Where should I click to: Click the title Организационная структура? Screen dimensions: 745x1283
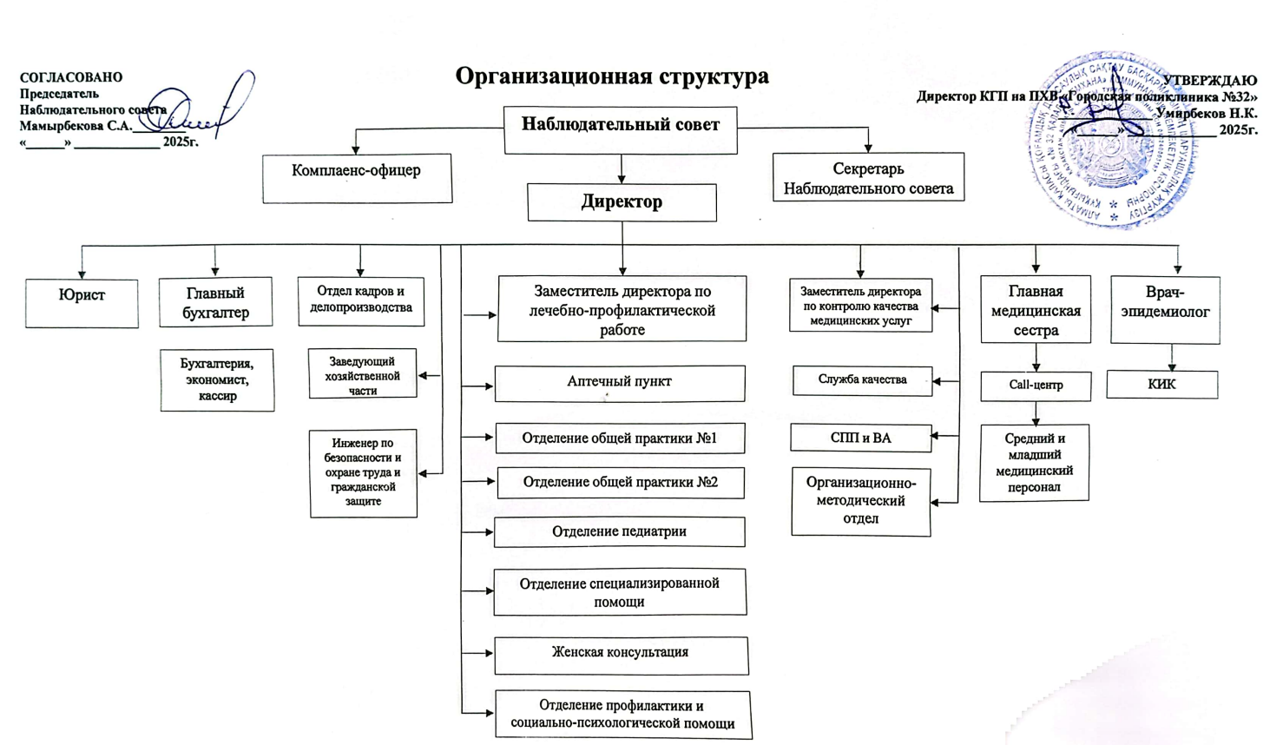pos(612,76)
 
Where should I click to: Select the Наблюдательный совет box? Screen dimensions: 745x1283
pos(620,129)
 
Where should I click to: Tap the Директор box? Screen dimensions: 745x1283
pos(622,202)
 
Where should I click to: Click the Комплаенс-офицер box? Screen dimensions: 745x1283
pos(357,178)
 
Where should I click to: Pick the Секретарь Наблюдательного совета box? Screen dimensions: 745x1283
pos(868,177)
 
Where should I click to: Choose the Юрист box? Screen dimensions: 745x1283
pos(82,303)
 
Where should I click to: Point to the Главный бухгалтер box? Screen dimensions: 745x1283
pos(215,302)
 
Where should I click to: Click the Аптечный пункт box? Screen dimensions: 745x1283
pos(619,383)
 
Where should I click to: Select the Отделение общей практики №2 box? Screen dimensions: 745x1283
pos(620,483)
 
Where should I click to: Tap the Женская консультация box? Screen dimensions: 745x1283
pos(621,656)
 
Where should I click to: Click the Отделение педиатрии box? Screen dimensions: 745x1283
pos(619,532)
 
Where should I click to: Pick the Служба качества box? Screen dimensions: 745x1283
pos(861,380)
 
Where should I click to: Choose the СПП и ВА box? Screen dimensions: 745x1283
pos(860,438)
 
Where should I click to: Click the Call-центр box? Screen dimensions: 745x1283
pos(1036,386)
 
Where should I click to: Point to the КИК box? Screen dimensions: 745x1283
pos(1161,385)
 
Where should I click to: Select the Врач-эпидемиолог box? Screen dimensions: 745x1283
pos(1165,310)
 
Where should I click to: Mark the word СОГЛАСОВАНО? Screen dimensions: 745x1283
pos(71,78)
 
